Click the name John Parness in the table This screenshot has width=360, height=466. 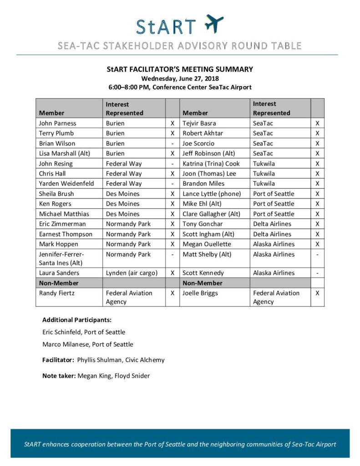(x=58, y=123)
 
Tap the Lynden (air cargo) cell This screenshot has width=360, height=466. (x=132, y=273)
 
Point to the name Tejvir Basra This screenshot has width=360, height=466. (x=199, y=123)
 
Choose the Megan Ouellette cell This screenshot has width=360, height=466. (x=207, y=244)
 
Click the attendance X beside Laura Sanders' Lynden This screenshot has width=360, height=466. (x=172, y=273)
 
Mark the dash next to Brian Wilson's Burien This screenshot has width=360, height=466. (x=172, y=143)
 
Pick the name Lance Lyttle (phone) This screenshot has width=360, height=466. (x=212, y=194)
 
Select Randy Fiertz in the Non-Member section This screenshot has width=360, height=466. (x=57, y=293)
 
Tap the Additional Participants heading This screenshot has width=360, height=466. (x=77, y=320)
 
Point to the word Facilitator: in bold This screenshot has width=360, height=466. (x=58, y=360)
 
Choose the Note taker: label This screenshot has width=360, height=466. (x=59, y=376)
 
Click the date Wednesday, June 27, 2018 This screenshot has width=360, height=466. (x=180, y=78)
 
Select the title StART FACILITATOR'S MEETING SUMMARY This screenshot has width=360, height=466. (x=180, y=70)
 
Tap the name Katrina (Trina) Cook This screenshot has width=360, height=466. (x=211, y=163)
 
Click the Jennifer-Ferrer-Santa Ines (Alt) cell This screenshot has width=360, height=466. (x=61, y=258)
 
